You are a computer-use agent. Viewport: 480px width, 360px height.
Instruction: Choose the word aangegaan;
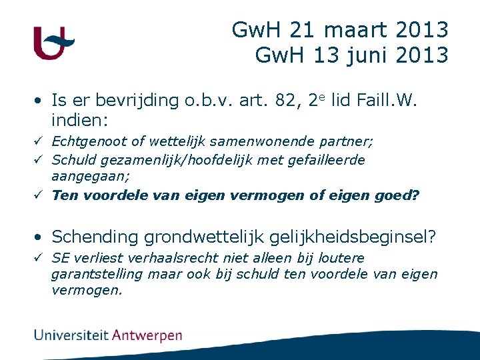91,176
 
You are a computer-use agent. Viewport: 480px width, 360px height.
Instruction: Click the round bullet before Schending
41,237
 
